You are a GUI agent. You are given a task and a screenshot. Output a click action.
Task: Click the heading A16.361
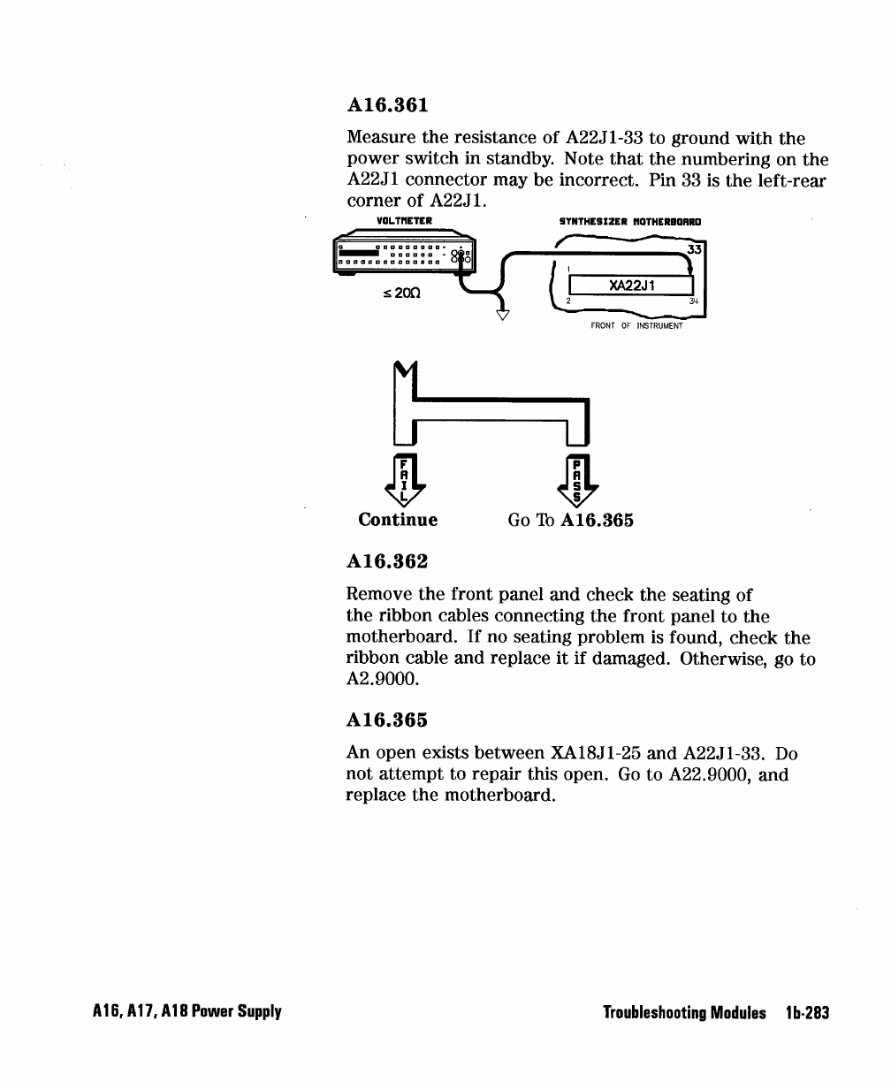[x=387, y=105]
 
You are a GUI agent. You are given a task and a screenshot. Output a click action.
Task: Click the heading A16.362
[x=387, y=561]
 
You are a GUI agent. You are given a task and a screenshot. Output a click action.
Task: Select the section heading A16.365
[x=387, y=719]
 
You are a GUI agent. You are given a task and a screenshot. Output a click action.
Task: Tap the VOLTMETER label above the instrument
[x=402, y=221]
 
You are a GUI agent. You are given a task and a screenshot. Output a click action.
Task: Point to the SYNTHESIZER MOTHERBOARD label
[x=630, y=221]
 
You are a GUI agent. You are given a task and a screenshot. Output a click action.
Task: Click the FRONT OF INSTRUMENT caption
[x=636, y=325]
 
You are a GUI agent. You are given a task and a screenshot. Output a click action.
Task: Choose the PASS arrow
[x=578, y=484]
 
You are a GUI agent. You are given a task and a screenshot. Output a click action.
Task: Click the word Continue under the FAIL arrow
[x=398, y=520]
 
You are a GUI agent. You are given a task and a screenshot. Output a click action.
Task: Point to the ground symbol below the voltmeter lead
[x=502, y=314]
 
